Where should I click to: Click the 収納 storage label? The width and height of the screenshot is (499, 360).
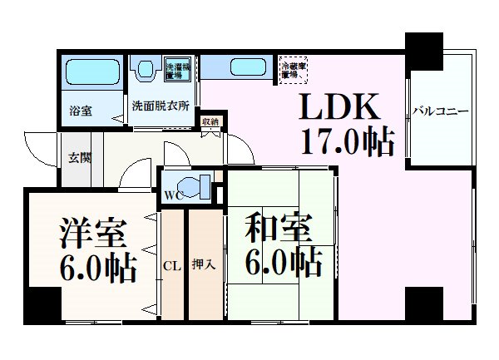tap(210, 122)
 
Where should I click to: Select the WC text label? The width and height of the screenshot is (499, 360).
tap(174, 198)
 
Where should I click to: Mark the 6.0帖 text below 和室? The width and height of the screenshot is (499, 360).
tap(284, 264)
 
